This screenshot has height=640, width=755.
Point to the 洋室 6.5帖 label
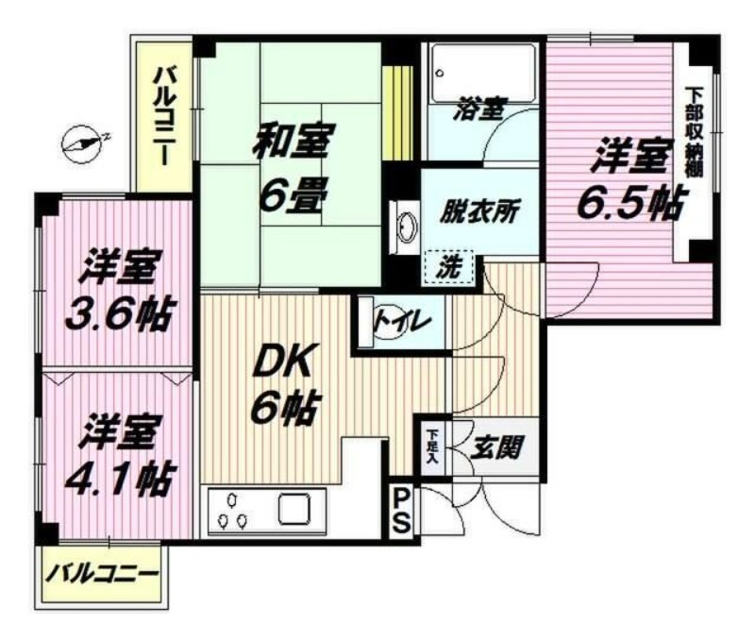coord(629,180)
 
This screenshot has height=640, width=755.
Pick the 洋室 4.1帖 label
coord(117,456)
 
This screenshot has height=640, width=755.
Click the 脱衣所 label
coord(480,211)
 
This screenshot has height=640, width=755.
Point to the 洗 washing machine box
coord(452,266)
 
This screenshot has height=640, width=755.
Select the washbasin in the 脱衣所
coord(407,228)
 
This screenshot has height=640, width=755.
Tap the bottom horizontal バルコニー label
coord(104,572)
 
